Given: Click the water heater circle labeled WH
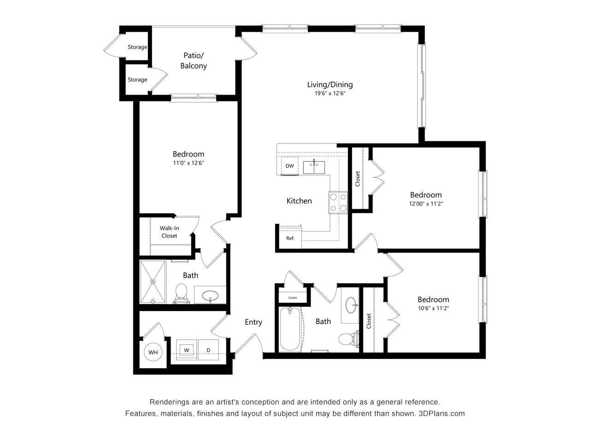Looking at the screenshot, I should [x=153, y=353].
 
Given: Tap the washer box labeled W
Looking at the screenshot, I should [x=187, y=350].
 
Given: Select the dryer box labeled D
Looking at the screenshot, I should [x=208, y=350].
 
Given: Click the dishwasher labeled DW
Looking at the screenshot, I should [x=289, y=166].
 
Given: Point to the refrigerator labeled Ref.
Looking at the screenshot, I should [x=290, y=239].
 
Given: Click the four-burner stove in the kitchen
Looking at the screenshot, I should [x=338, y=203].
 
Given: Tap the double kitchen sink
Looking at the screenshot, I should [x=314, y=167].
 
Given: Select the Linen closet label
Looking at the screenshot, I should [x=293, y=298].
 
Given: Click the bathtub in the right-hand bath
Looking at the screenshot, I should [x=290, y=329].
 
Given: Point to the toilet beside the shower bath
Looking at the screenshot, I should [x=181, y=293].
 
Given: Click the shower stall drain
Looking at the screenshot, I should [x=153, y=281].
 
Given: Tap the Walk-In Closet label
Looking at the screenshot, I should [x=169, y=232].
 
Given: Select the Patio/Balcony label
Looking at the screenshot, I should [x=194, y=61].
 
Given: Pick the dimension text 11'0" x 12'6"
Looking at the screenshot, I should [x=188, y=163].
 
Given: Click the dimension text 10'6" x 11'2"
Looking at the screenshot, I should [x=433, y=308].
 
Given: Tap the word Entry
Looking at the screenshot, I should [x=253, y=322].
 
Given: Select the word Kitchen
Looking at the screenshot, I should [x=299, y=201].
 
